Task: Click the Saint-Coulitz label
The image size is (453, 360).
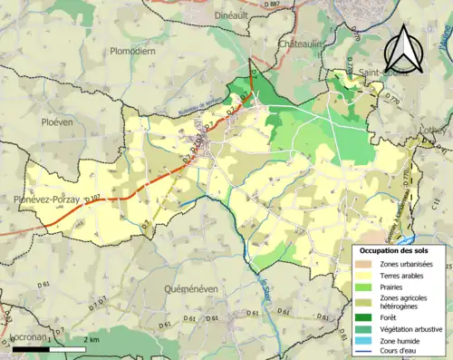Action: [x=352, y=75]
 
